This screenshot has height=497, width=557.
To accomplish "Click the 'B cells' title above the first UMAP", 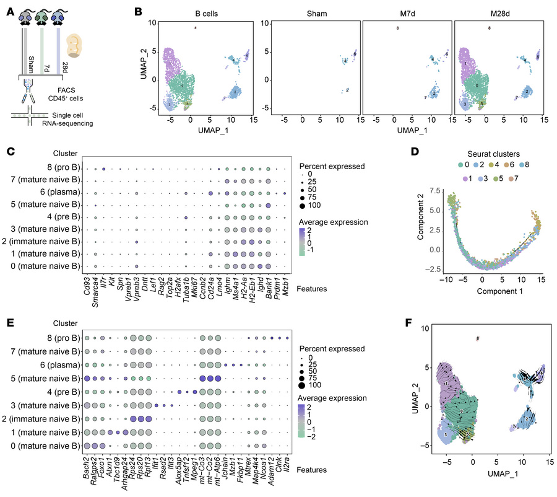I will pyautogui.click(x=196, y=11).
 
